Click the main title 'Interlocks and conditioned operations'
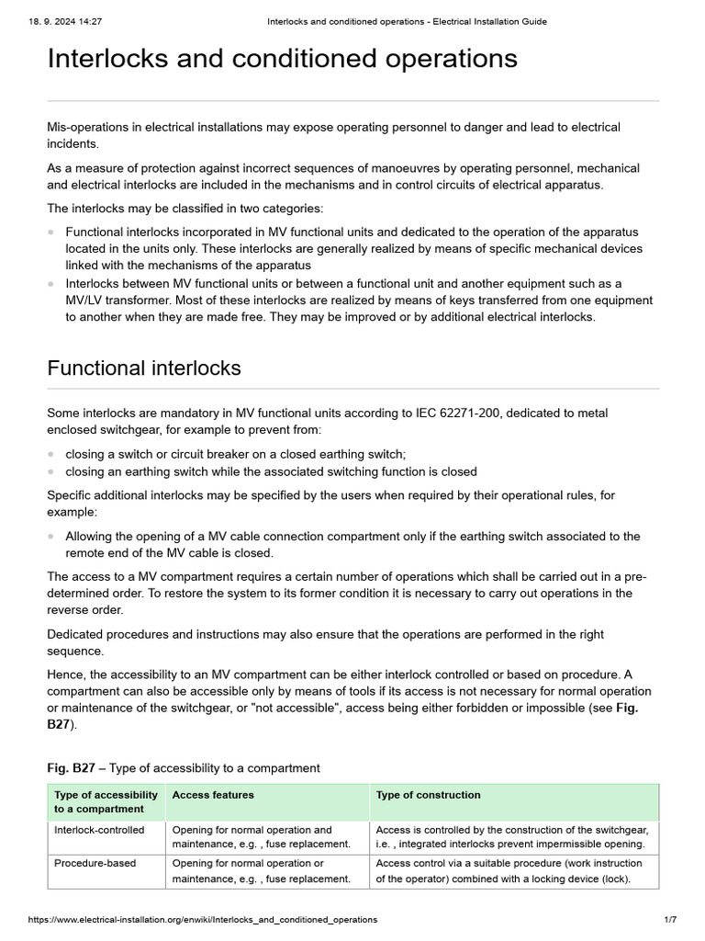(282, 59)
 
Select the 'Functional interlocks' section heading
(144, 368)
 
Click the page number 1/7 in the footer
(669, 919)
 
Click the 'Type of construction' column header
(428, 795)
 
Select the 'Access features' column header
(213, 795)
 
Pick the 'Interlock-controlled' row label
(99, 830)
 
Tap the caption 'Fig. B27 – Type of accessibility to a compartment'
(184, 767)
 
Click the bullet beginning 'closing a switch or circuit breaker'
(235, 454)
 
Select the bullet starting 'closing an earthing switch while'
(271, 471)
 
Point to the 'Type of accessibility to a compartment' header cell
(106, 801)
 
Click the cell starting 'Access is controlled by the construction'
(511, 836)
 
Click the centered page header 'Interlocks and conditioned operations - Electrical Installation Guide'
(407, 21)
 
